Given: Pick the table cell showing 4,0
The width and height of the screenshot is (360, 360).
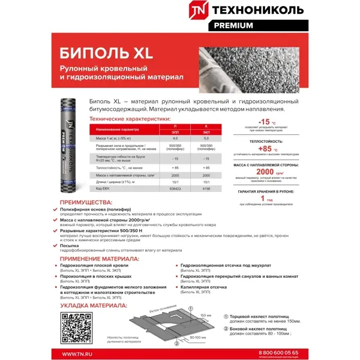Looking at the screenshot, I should (176, 139).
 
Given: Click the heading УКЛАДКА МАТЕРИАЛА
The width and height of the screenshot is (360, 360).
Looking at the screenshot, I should (93, 305).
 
